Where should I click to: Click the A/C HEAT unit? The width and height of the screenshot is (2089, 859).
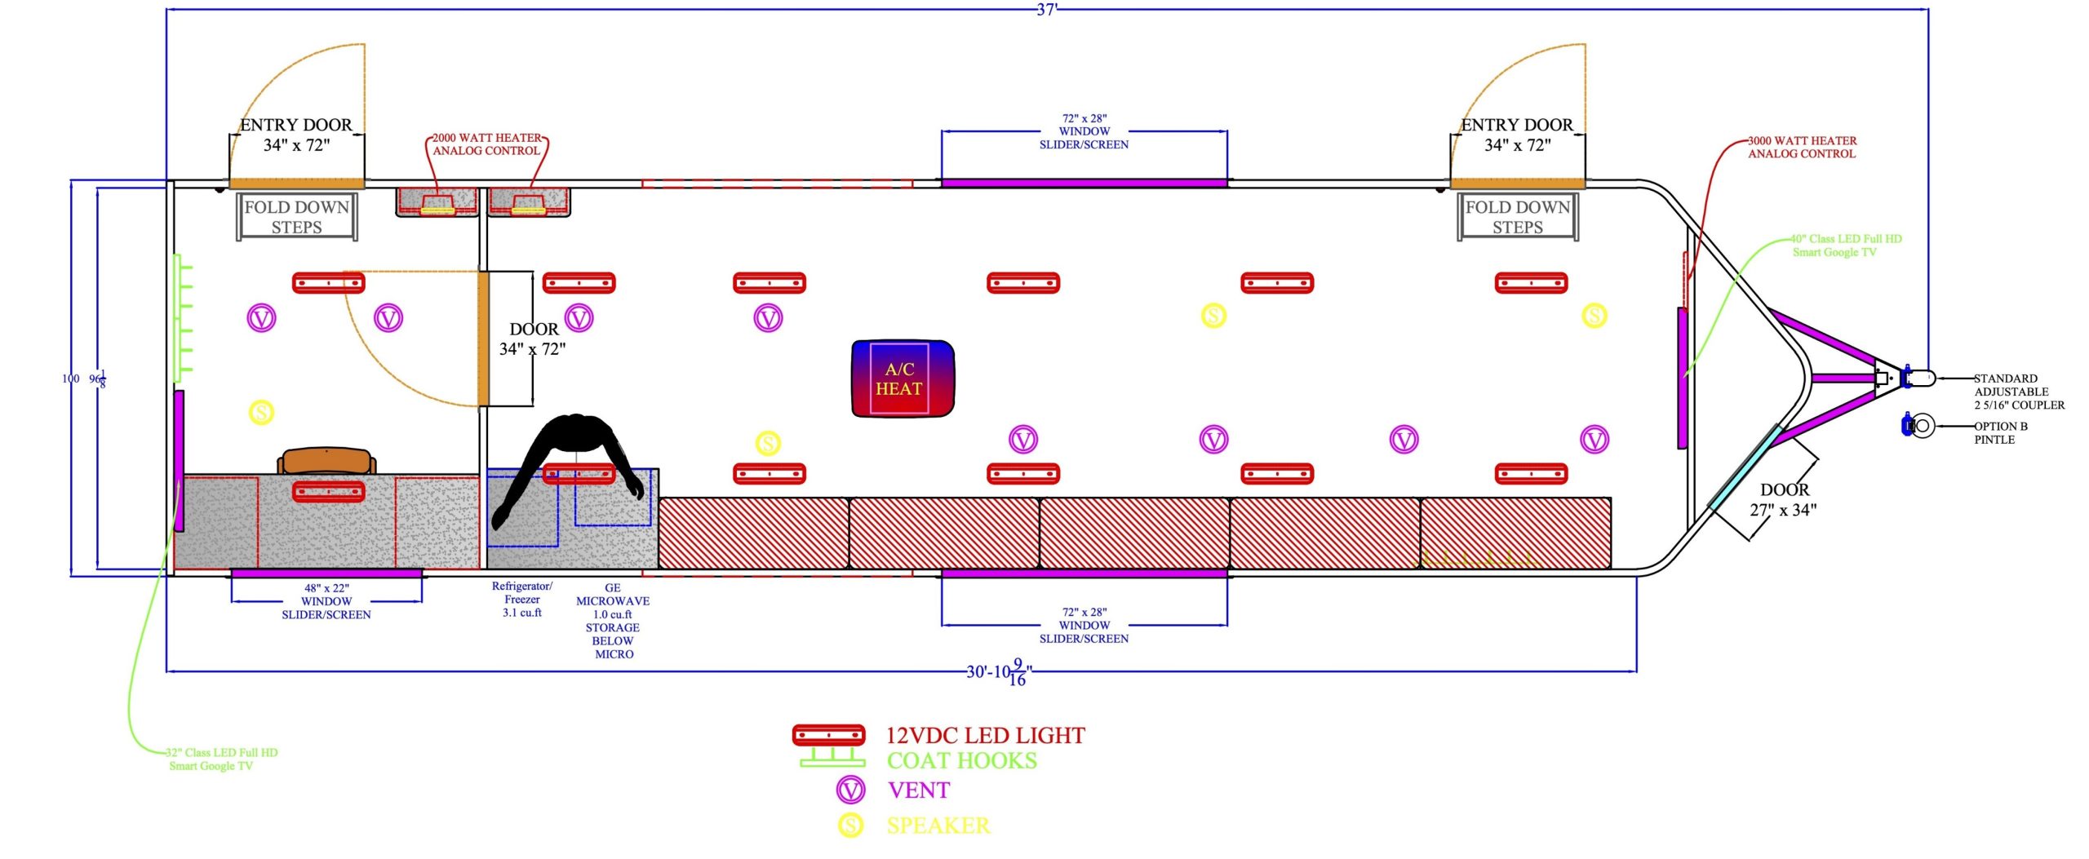click(902, 379)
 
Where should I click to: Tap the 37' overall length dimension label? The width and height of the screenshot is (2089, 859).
click(1045, 10)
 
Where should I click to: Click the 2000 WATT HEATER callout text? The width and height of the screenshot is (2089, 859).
click(486, 144)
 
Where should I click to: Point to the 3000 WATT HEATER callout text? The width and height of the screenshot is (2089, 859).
click(1801, 147)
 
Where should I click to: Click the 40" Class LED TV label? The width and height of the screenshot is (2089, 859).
click(1845, 246)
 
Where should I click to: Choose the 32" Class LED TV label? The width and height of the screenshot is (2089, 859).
click(221, 759)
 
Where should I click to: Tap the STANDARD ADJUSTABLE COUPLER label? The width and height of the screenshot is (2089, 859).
click(2018, 392)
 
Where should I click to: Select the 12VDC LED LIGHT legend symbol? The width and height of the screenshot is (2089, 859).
click(828, 734)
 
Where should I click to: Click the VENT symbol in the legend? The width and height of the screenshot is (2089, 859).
click(850, 790)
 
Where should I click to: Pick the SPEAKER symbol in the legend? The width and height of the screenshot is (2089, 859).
click(850, 825)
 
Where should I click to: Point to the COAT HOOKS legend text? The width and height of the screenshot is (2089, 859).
click(961, 760)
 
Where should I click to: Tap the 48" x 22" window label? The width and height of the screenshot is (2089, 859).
click(326, 601)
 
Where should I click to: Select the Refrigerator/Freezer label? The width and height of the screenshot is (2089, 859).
click(522, 599)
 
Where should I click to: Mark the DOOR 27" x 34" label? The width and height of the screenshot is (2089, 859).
click(1783, 500)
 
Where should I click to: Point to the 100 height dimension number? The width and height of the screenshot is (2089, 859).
click(71, 379)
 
